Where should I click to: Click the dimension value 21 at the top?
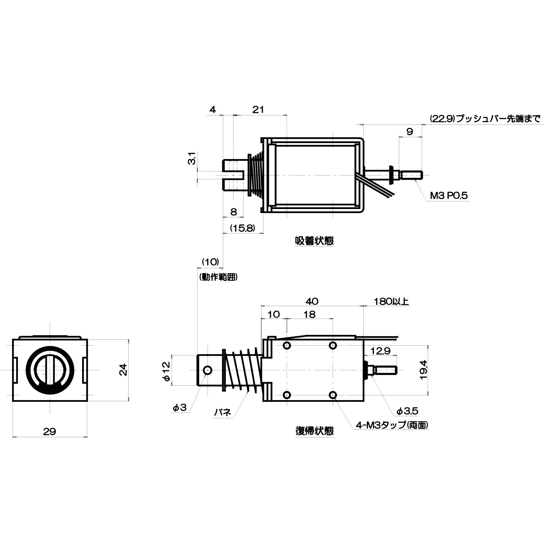tap(258, 110)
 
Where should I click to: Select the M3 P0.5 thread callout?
tap(449, 196)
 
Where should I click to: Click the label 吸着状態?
tap(314, 241)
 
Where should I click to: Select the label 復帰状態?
tap(314, 431)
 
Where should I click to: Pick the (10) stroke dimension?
tap(210, 262)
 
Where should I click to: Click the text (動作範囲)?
tap(218, 277)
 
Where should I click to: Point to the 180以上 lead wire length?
tap(391, 301)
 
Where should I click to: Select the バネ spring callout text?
tap(223, 413)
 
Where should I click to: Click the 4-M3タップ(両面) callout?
tap(392, 425)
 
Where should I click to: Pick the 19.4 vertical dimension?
tap(423, 370)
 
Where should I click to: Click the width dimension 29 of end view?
tap(49, 432)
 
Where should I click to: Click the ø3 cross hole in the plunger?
tap(208, 370)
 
